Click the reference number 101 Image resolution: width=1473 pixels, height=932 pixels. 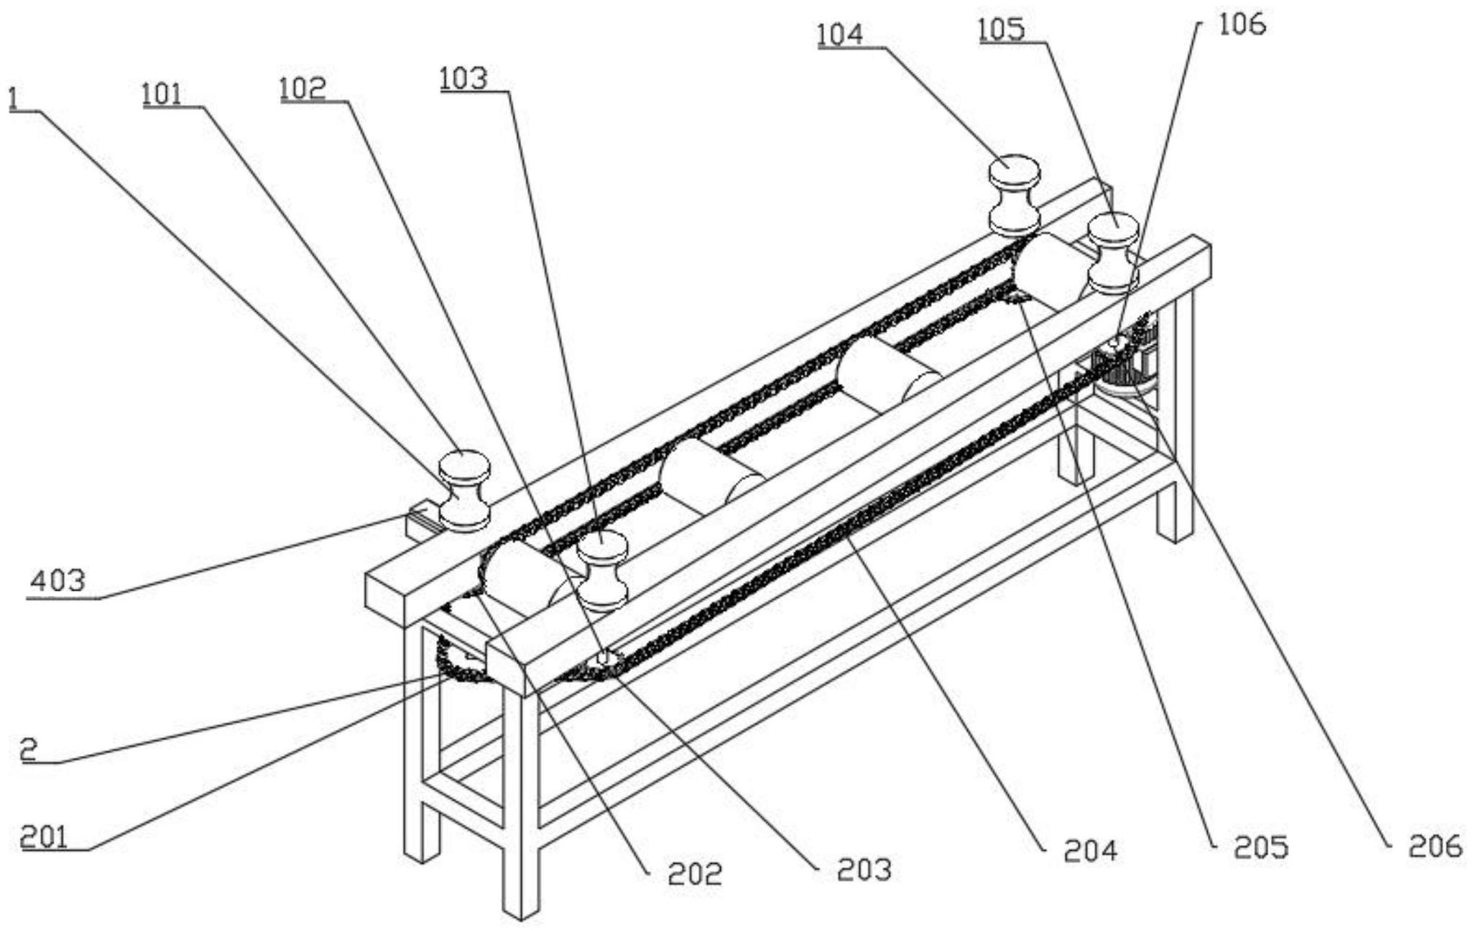pos(162,95)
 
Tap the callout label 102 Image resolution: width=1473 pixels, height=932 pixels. pos(303,88)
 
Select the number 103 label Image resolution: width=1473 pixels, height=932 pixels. pos(464,78)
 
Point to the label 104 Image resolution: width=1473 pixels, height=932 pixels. pos(840,35)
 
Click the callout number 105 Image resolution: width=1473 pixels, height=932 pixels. pos(1002,30)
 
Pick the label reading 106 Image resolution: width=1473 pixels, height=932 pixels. pos(1242,24)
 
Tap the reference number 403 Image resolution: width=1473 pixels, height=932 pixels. pos(57,581)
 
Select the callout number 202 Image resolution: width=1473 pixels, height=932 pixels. pos(695,874)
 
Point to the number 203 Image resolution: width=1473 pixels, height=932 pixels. pos(864,869)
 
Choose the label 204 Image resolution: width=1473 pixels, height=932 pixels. pos(1091,851)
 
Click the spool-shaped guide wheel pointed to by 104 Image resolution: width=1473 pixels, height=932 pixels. pos(1014,195)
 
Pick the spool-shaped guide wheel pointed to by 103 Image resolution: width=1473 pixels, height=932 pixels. pos(603,571)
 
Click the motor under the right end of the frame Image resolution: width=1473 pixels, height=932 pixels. pos(1125,359)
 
